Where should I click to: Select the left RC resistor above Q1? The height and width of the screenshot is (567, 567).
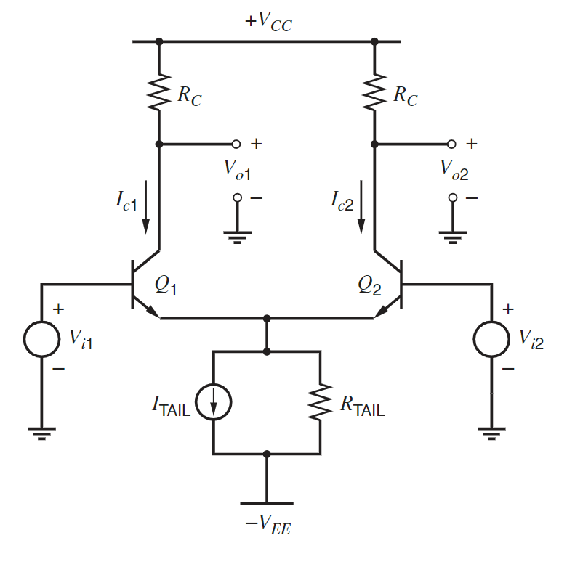158,91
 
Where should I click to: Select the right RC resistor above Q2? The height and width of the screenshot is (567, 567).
374,91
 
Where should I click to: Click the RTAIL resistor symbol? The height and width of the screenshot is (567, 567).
320,403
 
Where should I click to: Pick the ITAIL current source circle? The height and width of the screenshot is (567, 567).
214,403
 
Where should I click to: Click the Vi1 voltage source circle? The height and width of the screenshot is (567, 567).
41,339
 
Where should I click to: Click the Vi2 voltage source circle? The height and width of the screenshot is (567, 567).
491,339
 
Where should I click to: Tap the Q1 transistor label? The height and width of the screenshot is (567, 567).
166,285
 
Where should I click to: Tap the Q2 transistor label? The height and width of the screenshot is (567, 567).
369,285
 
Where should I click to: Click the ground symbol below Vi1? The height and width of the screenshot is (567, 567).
41,433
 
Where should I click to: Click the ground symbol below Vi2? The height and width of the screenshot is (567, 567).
491,433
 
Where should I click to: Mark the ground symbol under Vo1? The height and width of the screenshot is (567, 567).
237,236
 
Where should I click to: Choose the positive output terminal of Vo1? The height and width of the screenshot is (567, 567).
236,144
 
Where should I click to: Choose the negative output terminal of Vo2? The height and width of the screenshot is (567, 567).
453,197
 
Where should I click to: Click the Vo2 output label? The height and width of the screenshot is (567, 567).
454,169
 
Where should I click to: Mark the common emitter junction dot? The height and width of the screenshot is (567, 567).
267,319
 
